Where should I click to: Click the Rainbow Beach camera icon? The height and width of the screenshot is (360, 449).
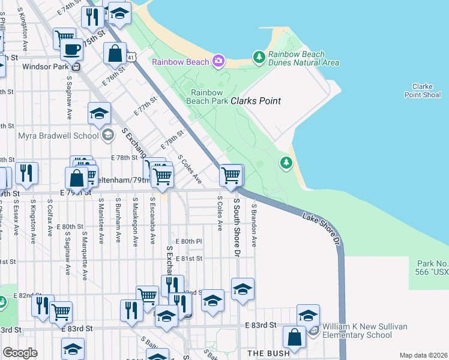(x=218, y=61)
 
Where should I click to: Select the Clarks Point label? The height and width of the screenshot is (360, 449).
(x=256, y=101)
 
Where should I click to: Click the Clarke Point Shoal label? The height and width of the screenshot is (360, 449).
(x=423, y=91)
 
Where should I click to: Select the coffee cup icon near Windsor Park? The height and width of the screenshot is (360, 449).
(x=73, y=49)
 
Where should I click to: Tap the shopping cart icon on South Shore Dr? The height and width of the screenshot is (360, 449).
(x=231, y=175)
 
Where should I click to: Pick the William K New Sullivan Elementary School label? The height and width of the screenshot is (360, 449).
(x=364, y=331)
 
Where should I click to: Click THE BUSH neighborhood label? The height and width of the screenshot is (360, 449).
(x=269, y=353)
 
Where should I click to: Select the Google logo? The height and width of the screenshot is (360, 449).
(x=20, y=353)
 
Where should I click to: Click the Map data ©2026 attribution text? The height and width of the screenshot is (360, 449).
(x=423, y=355)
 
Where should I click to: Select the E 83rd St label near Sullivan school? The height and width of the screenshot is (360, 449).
(x=261, y=325)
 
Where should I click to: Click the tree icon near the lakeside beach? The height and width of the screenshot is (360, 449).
(x=286, y=162)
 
